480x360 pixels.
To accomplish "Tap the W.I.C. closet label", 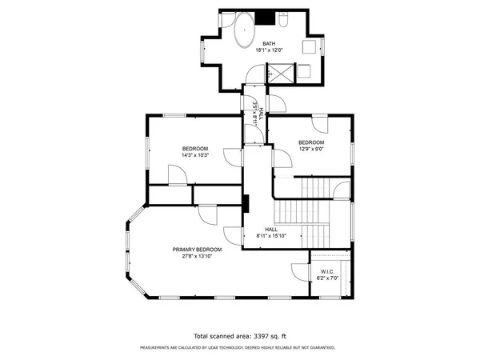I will pyautogui.click(x=326, y=270).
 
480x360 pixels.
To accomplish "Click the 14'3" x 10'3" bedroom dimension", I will pyautogui.click(x=194, y=155).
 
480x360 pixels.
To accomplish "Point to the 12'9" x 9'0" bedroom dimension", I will pyautogui.click(x=312, y=148).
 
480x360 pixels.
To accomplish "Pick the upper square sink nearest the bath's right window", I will pyautogui.click(x=306, y=46).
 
